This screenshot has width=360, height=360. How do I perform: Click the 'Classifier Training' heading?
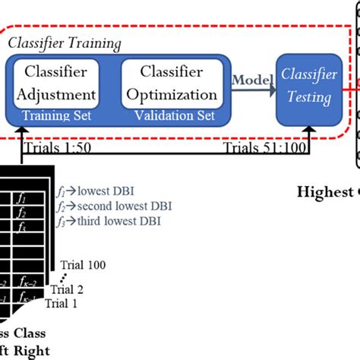click(64, 43)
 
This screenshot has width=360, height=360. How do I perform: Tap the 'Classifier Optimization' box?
click(170, 84)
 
